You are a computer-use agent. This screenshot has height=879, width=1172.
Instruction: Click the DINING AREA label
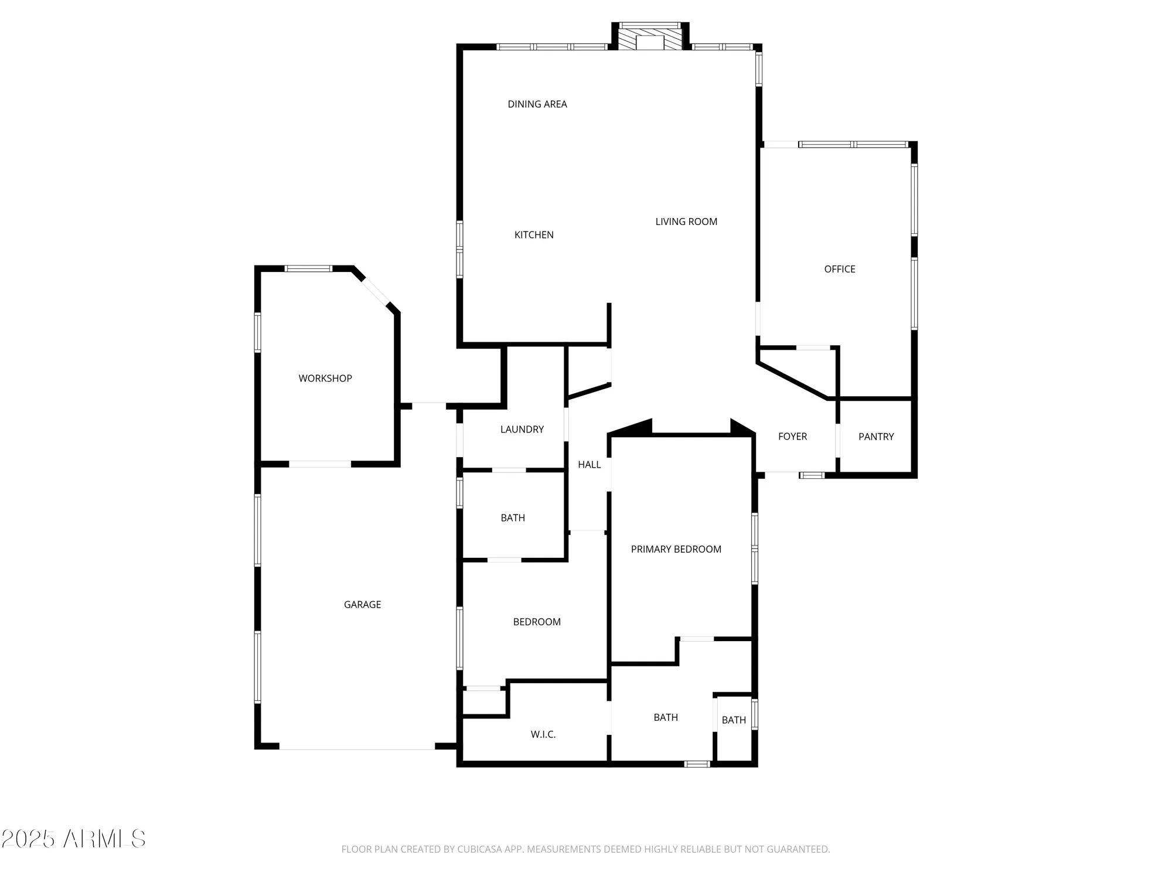537,104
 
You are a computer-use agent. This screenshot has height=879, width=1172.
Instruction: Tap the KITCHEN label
534,235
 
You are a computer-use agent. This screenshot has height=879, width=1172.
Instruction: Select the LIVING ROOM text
686,222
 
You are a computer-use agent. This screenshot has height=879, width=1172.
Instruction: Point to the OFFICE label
839,269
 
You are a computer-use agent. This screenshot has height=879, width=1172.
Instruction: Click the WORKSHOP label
325,379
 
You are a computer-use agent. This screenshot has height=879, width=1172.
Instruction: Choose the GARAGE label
362,605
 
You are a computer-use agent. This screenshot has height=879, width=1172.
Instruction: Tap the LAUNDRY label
522,430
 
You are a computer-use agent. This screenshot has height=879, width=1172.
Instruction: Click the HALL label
589,465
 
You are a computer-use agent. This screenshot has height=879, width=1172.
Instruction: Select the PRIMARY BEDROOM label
676,549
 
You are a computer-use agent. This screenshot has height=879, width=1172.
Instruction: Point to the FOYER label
792,437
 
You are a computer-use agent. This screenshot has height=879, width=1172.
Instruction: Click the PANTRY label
876,437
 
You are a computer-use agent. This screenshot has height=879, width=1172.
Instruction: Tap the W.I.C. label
543,734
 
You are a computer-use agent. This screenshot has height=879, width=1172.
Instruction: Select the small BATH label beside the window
734,720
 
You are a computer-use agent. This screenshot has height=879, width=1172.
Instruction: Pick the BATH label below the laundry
513,518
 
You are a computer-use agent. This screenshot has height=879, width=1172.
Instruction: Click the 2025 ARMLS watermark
73,839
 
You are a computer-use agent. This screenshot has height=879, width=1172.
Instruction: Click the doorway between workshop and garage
320,464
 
